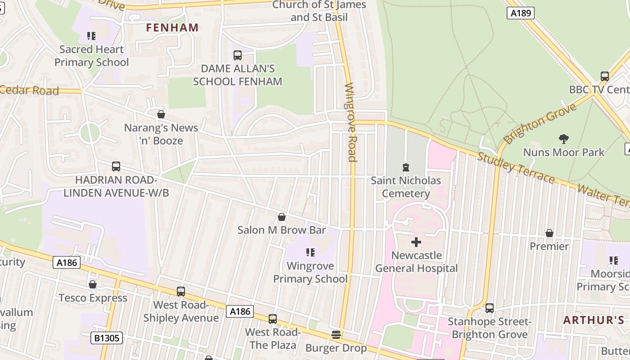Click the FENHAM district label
coord(172,27)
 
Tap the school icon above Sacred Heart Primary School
coord(91,36)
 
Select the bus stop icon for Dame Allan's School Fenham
coord(238,55)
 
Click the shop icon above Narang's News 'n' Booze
coord(161,114)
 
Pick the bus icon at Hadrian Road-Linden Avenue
coord(116,166)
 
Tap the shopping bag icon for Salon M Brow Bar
coord(282,217)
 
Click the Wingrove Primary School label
coord(310,272)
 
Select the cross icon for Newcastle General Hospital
coord(416,242)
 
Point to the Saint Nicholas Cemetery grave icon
coord(406,167)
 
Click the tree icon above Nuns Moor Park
coord(563,139)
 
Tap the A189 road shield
coord(521,13)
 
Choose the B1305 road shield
coord(107,337)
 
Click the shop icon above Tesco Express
coord(93,284)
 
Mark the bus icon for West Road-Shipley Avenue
coord(181,292)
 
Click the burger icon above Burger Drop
coord(336,335)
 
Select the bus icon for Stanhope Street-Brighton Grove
coord(490,308)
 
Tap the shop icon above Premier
coord(549,233)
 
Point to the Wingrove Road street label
coord(351,122)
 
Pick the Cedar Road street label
coord(30,90)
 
